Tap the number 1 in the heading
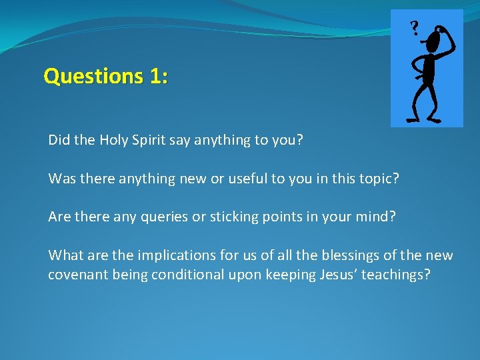[155, 77]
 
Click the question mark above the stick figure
[415, 28]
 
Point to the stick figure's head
[434, 42]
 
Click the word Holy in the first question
[112, 141]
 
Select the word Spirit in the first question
[145, 141]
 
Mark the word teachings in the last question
[396, 275]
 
